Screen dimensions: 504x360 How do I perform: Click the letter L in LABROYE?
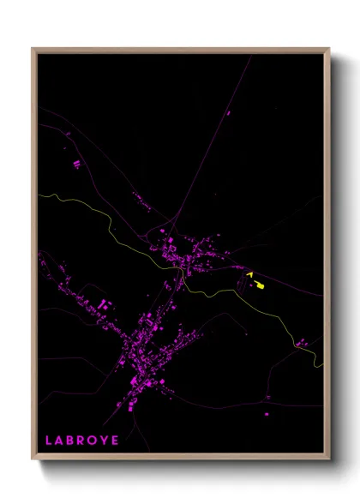pos(49,440)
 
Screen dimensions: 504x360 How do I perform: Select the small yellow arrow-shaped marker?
pos(249,274)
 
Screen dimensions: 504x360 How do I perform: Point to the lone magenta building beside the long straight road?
pos(229,112)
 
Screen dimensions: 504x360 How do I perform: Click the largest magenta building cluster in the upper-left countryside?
pos(75,163)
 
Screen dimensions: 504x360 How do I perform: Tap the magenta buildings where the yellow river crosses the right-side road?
pos(301,343)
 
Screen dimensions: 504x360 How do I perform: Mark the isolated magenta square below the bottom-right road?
pos(266,399)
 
